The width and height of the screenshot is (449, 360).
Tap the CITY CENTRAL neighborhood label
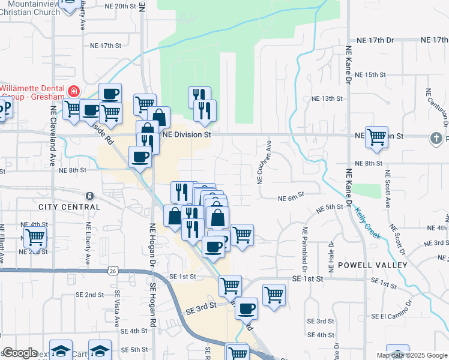tap(69, 207)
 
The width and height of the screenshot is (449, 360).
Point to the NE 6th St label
tap(291, 198)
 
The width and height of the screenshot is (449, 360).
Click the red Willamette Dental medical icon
tap(74, 91)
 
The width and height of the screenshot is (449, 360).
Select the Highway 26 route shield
tap(113, 271)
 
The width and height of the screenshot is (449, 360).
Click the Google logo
tap(20, 353)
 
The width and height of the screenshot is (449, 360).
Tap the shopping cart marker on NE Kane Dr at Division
tap(377, 137)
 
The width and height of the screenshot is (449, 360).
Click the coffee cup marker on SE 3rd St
tap(246, 308)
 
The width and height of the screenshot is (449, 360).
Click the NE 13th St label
tap(327, 98)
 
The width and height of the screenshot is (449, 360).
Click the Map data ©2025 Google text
tap(412, 355)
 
